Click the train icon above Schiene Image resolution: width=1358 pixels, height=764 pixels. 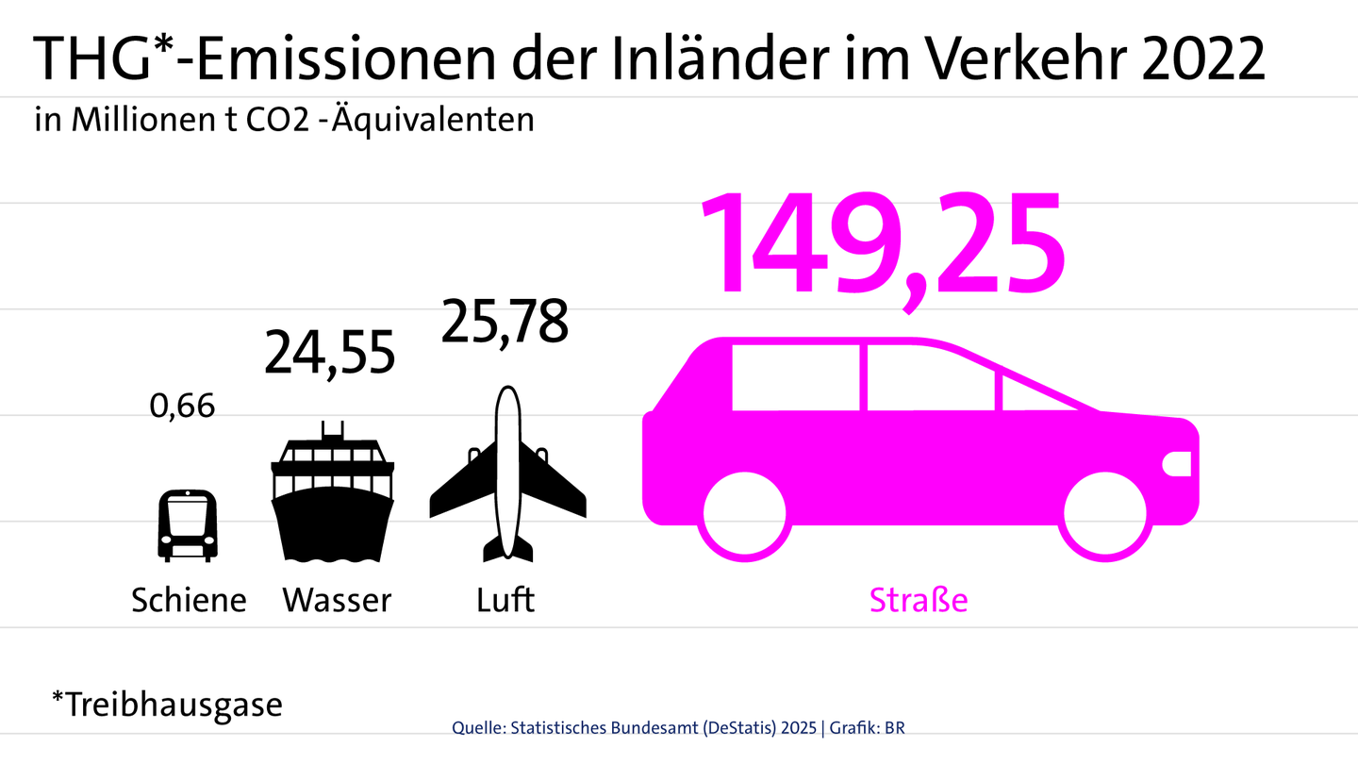187,524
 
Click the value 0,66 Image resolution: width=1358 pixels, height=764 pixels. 183,407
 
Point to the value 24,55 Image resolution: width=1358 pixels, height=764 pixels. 329,353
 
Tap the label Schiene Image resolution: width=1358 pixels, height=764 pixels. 189,600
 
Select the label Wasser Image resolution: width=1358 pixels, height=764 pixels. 337,600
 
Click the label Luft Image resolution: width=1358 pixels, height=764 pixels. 506,600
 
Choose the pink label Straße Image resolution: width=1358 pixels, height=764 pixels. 919,600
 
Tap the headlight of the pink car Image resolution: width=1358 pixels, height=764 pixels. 1179,463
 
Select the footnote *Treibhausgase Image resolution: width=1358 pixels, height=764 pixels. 167,704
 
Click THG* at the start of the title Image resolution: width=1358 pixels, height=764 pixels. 89,60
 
